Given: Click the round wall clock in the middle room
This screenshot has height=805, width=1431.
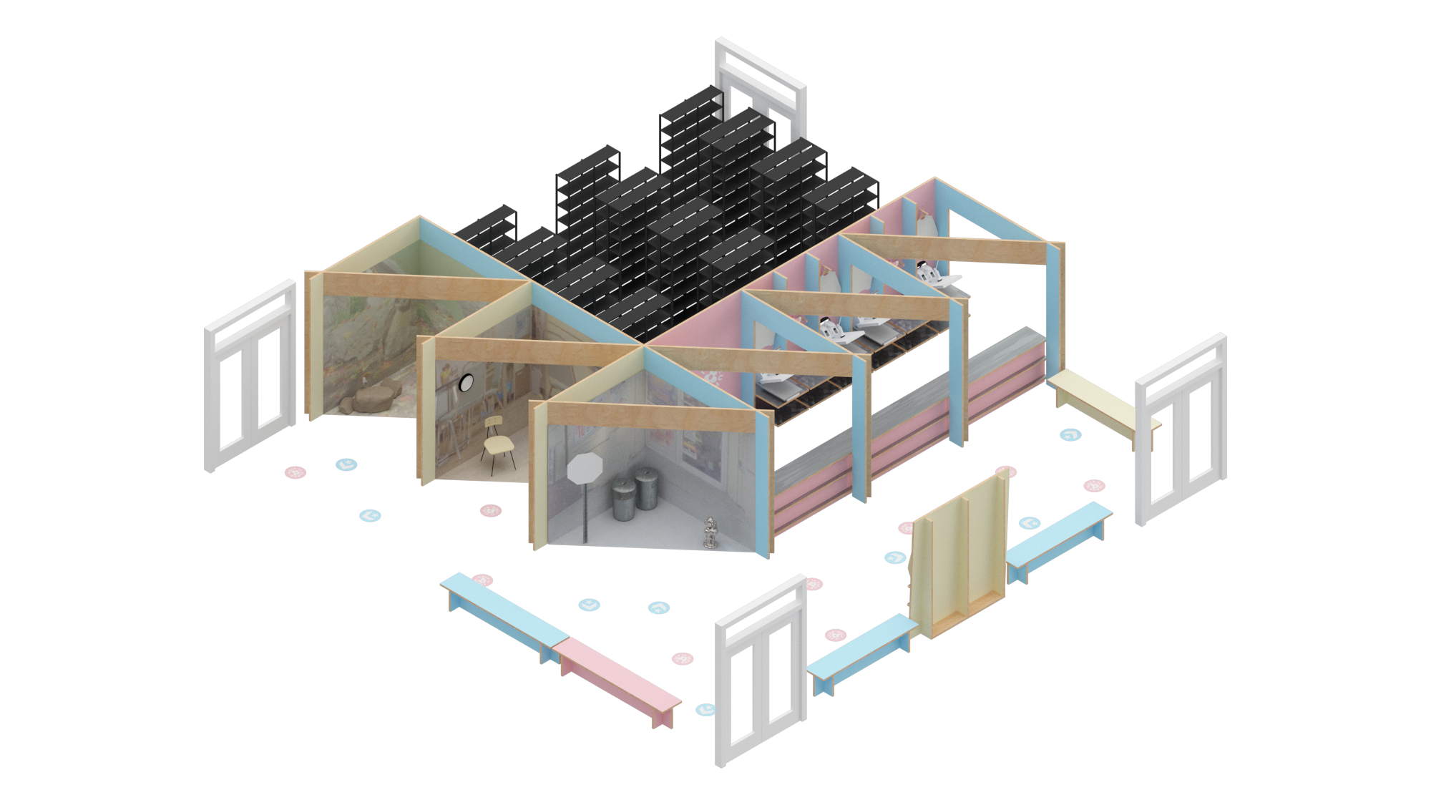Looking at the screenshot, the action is pyautogui.click(x=466, y=383).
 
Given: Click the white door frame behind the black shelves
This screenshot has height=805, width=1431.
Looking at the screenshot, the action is pyautogui.click(x=761, y=79).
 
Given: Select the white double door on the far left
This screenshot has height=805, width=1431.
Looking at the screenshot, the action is pyautogui.click(x=250, y=376).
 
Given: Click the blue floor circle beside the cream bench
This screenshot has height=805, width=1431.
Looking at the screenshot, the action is pyautogui.click(x=1070, y=434).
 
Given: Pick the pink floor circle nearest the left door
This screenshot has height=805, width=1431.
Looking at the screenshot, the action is pyautogui.click(x=296, y=472).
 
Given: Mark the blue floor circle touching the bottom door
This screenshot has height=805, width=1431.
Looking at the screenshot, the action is pyautogui.click(x=705, y=709).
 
